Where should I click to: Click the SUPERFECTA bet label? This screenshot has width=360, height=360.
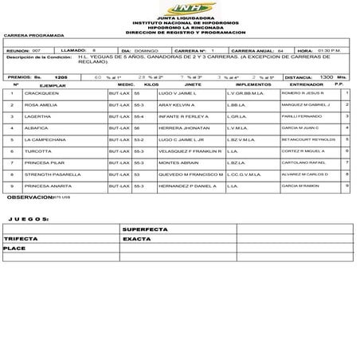coord(145,229)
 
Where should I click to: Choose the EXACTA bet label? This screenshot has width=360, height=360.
coord(137,238)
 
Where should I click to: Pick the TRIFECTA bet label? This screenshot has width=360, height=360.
coord(22,238)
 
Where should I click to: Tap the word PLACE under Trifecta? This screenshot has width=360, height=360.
coord(14,248)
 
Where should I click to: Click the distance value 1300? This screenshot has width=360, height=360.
coord(326,76)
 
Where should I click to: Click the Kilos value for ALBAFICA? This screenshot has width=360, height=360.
coord(137,127)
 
